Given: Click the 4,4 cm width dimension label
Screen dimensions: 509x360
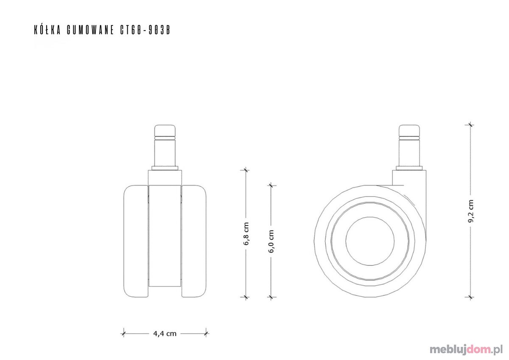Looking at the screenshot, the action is pyautogui.click(x=165, y=334).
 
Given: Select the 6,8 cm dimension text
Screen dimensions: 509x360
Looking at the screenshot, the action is pyautogui.click(x=246, y=233).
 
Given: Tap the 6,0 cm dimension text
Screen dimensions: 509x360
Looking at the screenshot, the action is pyautogui.click(x=271, y=241).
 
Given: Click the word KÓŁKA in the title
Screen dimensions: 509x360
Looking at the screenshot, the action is pyautogui.click(x=48, y=30).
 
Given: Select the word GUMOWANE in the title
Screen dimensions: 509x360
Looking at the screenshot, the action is pyautogui.click(x=90, y=30).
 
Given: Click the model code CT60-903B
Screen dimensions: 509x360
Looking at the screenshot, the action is pyautogui.click(x=145, y=30).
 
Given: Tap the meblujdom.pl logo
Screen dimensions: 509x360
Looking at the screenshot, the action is pyautogui.click(x=466, y=349).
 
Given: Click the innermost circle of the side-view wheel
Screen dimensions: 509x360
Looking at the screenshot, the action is pyautogui.click(x=370, y=217).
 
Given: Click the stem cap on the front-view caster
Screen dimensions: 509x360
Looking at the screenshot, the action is pyautogui.click(x=165, y=130).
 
